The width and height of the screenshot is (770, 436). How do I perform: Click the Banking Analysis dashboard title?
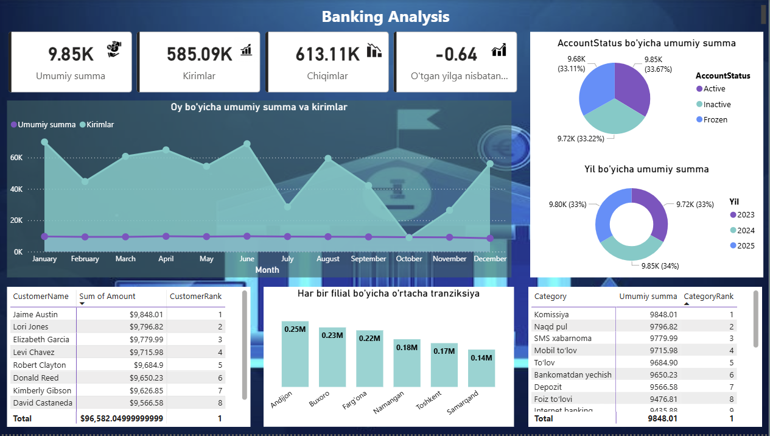[385, 16]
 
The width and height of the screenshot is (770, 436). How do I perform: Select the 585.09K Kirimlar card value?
[200, 54]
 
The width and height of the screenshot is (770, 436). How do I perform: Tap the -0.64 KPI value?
[457, 54]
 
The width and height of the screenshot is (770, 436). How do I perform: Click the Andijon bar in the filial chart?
[295, 353]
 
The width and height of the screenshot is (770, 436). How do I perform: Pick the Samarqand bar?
[481, 368]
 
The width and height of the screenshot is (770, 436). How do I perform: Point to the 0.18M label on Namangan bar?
[407, 348]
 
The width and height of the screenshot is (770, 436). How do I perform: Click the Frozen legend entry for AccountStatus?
[715, 120]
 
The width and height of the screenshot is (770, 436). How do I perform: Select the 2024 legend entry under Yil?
[745, 230]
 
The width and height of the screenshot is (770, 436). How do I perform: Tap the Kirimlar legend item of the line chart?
[100, 124]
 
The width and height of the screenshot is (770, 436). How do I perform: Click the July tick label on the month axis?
[287, 259]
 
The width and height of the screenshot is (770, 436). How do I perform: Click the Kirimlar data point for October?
[409, 237]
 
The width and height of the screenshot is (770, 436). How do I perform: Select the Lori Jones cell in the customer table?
[32, 327]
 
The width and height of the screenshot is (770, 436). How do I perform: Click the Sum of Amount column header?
[108, 297]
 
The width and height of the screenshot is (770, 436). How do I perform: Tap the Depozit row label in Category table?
[548, 387]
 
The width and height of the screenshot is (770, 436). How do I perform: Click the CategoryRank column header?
[709, 297]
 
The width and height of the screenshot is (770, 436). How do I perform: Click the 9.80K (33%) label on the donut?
[567, 205]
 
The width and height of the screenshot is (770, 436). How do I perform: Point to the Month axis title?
[267, 270]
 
